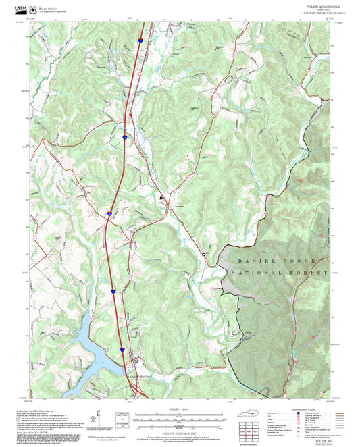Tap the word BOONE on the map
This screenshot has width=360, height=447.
click(x=305, y=261)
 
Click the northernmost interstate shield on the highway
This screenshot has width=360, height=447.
click(x=140, y=41)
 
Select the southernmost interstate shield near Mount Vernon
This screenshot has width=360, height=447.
click(x=122, y=349)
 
